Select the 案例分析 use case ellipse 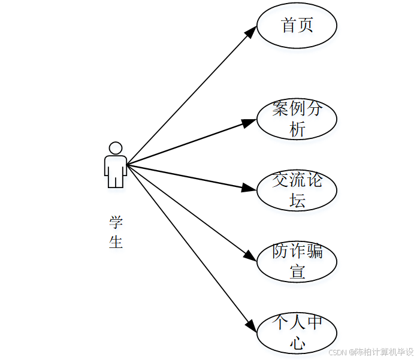click(x=297, y=119)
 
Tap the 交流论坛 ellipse click(x=297, y=190)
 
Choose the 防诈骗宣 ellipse click(x=297, y=261)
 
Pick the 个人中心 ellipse click(x=297, y=332)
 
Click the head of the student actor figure click(x=116, y=148)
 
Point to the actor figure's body click(x=116, y=170)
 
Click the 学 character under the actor click(x=116, y=222)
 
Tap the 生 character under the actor click(x=116, y=241)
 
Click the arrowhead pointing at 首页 click(x=251, y=32)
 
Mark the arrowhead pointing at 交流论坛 click(x=249, y=188)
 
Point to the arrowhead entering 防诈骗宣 click(x=251, y=254)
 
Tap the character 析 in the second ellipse click(x=297, y=129)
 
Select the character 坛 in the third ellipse click(x=297, y=200)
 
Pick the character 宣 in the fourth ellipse click(x=297, y=271)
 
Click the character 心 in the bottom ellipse click(x=297, y=343)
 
